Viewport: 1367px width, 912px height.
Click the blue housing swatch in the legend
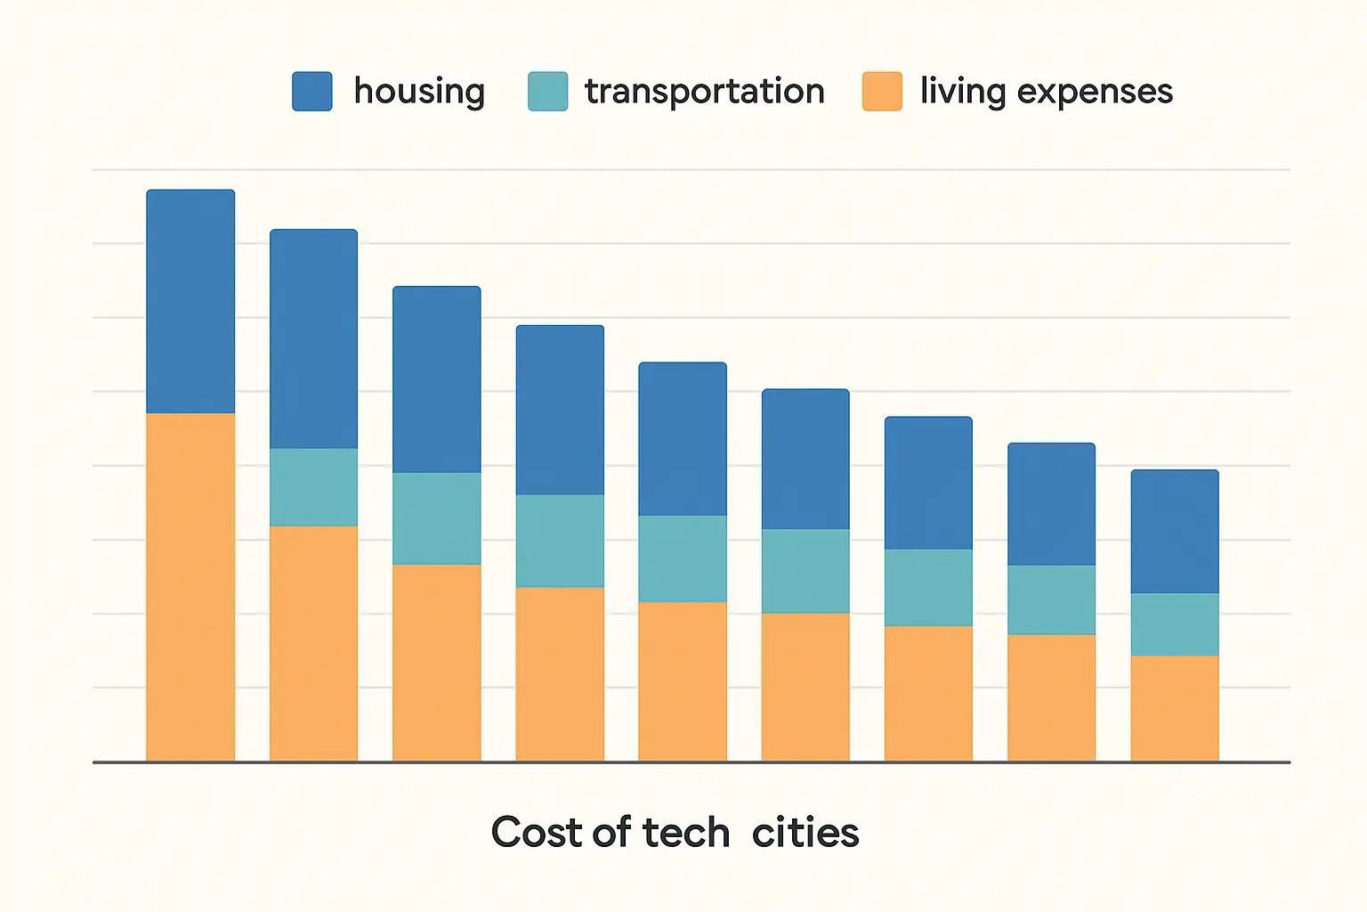pyautogui.click(x=312, y=92)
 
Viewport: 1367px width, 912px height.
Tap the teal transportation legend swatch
pyautogui.click(x=547, y=92)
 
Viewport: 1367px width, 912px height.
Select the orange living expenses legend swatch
pyautogui.click(x=882, y=92)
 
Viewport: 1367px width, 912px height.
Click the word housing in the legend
pyautogui.click(x=419, y=92)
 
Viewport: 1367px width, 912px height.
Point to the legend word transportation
pyautogui.click(x=704, y=92)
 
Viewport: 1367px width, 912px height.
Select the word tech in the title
pyautogui.click(x=685, y=833)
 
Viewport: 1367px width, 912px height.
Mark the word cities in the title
pyautogui.click(x=805, y=833)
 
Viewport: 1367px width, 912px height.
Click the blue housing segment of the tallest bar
pyautogui.click(x=190, y=301)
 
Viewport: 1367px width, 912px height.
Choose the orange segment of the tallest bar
pyautogui.click(x=190, y=587)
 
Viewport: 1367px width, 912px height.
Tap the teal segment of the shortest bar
pyautogui.click(x=1174, y=624)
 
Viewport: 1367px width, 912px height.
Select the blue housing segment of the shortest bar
pyautogui.click(x=1174, y=531)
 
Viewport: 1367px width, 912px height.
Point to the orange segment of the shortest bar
pyautogui.click(x=1174, y=708)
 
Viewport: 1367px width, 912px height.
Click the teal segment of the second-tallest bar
pyautogui.click(x=313, y=487)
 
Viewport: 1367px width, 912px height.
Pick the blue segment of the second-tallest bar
pyautogui.click(x=313, y=338)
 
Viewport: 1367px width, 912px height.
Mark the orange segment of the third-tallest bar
pyautogui.click(x=436, y=663)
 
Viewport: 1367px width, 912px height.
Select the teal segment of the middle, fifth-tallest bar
pyautogui.click(x=683, y=558)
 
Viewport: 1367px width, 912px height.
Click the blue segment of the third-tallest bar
pyautogui.click(x=436, y=379)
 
